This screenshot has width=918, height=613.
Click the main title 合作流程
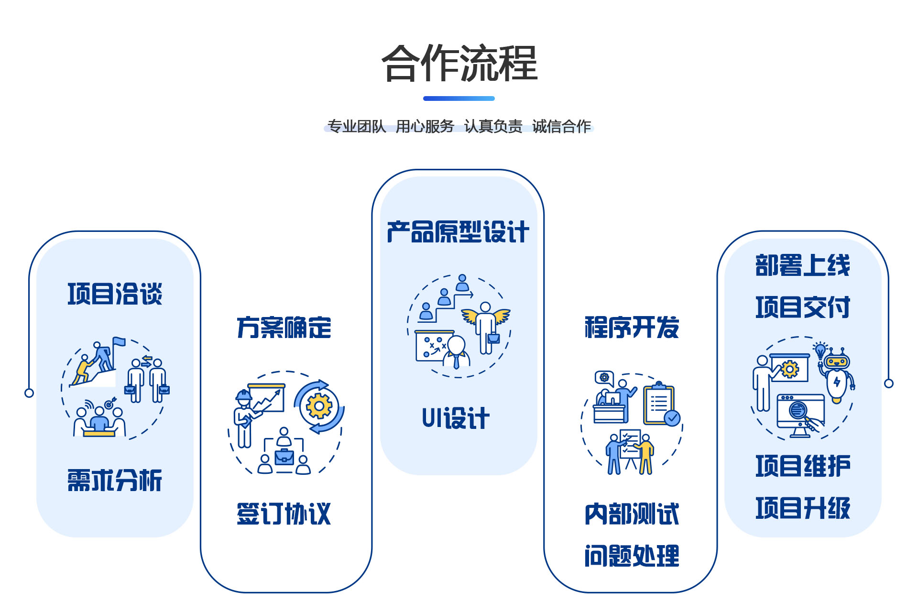(x=459, y=63)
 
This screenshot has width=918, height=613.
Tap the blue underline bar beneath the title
(x=459, y=99)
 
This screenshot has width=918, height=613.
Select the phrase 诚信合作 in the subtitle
(x=561, y=126)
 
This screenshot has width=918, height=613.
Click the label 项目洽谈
(x=115, y=294)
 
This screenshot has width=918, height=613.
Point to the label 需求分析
(x=115, y=480)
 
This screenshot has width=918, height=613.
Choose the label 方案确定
(x=284, y=328)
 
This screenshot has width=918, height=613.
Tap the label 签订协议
(x=284, y=514)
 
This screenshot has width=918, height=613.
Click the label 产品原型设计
(x=458, y=232)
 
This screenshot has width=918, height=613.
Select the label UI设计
(x=456, y=418)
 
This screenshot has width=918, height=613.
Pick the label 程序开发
(x=632, y=328)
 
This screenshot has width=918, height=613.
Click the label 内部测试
(x=632, y=514)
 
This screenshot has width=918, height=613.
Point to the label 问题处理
(x=632, y=556)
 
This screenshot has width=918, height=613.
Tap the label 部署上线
(x=803, y=265)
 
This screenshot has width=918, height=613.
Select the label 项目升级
(x=803, y=508)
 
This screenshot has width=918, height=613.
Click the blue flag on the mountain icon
(x=119, y=341)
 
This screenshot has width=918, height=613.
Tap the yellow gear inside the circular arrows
(x=319, y=406)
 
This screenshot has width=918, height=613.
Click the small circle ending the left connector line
(x=29, y=393)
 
